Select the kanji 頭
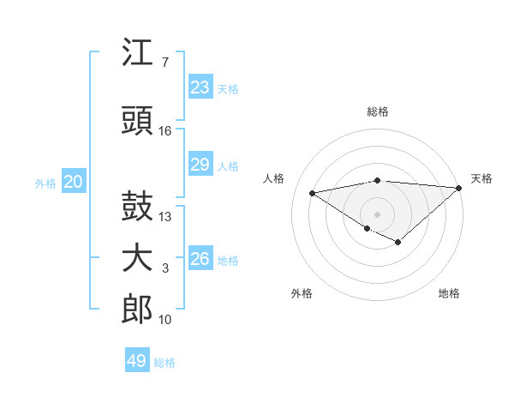[137, 122]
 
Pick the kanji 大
[137, 259]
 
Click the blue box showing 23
[200, 87]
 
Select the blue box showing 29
[200, 165]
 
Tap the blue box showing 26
[200, 259]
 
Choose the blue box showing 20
[74, 182]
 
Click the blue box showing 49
[137, 361]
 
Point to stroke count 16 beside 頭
[165, 131]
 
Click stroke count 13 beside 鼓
[165, 216]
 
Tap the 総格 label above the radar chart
[377, 111]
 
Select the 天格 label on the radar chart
[481, 178]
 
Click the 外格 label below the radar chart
[302, 293]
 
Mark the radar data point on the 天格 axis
[459, 187]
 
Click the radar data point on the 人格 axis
[312, 192]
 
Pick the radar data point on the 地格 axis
[398, 243]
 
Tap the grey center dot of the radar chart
[377, 213]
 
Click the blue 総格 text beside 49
[164, 363]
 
